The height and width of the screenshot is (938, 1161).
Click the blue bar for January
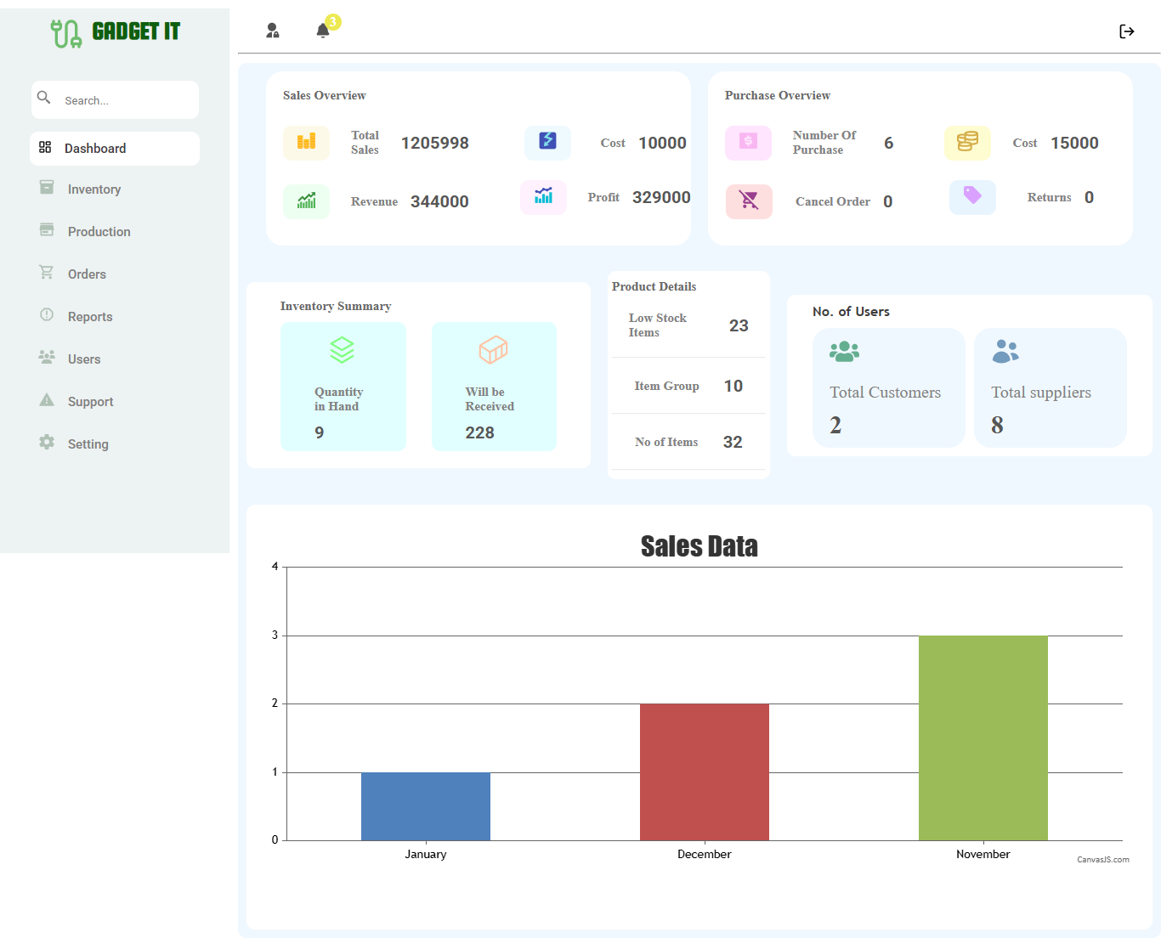tap(426, 806)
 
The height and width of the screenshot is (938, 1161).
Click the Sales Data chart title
tap(699, 546)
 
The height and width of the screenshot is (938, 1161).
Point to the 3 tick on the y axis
tap(275, 636)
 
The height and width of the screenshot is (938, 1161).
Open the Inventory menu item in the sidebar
tap(94, 189)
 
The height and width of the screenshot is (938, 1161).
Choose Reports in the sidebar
tap(90, 317)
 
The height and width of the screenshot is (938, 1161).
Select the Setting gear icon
tap(47, 443)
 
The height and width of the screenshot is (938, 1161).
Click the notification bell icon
tap(323, 31)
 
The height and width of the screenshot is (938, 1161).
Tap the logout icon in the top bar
tap(1127, 31)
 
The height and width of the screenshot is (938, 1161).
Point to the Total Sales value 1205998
tap(435, 143)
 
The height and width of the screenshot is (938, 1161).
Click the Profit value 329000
tap(661, 197)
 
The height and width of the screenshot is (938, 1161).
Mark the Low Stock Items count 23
tap(739, 325)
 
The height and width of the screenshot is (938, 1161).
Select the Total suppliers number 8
tap(997, 425)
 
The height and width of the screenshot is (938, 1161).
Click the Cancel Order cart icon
tap(749, 201)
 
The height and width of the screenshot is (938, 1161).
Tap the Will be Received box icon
tap(493, 349)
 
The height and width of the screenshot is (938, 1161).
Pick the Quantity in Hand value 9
tap(320, 432)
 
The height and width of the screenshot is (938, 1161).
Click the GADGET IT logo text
tap(136, 31)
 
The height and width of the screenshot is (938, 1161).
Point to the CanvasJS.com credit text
tap(1103, 860)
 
